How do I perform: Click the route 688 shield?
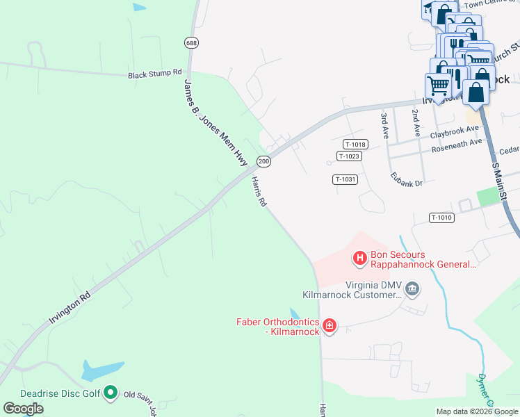[191, 43]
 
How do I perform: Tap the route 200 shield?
[263, 161]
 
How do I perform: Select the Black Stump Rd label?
[154, 73]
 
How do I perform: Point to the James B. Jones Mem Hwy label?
[216, 122]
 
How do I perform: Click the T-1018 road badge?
[355, 145]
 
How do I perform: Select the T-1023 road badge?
[349, 156]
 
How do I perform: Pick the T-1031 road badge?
[345, 179]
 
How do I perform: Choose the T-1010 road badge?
[441, 218]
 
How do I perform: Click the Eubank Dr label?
[407, 179]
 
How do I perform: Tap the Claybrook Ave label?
[455, 129]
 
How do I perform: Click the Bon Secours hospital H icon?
[360, 259]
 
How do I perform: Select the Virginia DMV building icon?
[412, 288]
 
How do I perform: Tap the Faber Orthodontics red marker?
[330, 325]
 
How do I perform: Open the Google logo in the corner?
[23, 409]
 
